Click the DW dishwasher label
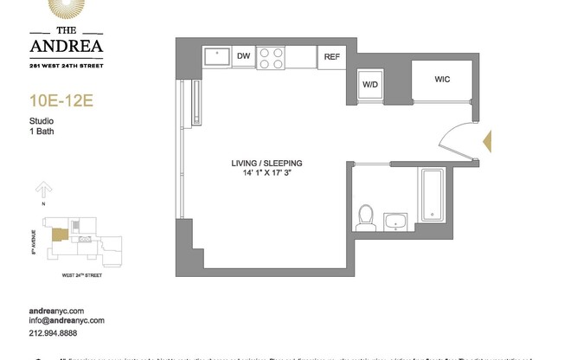(244, 57)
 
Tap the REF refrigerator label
(330, 58)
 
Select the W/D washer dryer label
(370, 84)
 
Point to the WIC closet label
(441, 79)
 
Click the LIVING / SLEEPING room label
(266, 163)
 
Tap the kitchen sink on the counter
(216, 57)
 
